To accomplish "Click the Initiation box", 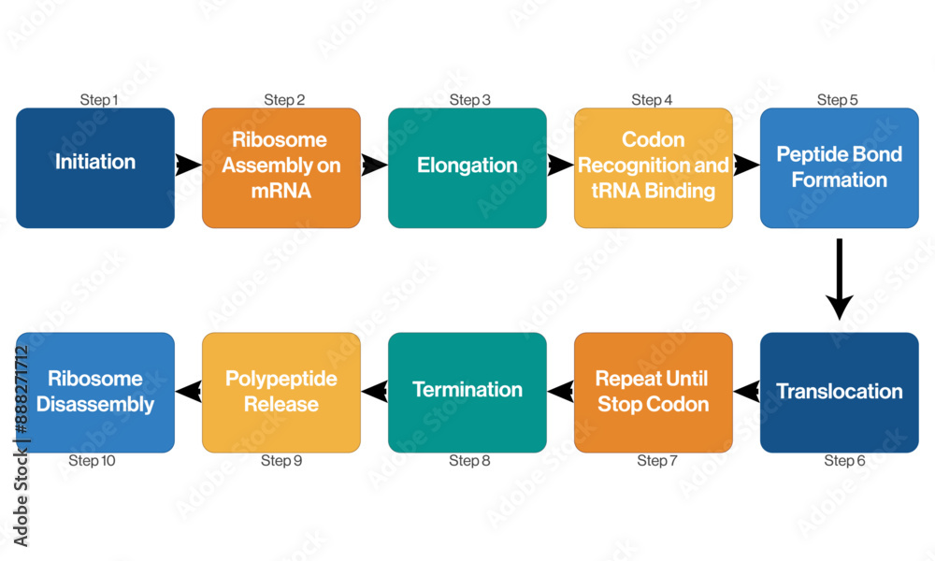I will pos(94,168).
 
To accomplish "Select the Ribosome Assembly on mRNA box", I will pos(280,168).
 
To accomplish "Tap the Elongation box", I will pos(467,168).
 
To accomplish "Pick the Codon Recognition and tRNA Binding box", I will pos(653,168).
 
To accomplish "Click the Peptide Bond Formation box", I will pos(839,168).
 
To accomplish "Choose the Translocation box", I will pos(839,393).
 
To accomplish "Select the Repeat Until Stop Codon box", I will pos(653,393).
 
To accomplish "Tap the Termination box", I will pos(467,393).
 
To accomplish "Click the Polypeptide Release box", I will pos(280,393).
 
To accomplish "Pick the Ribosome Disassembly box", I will pos(94,393).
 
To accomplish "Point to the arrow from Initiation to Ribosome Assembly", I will pos(188,165).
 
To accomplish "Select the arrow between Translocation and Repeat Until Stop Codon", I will pos(746,392).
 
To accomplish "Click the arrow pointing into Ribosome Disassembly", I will pos(188,392).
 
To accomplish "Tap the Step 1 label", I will pos(99,100).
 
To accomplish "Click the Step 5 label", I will pos(837,100).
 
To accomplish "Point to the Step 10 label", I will pos(92,460).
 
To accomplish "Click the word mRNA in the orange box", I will pos(280,191).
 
